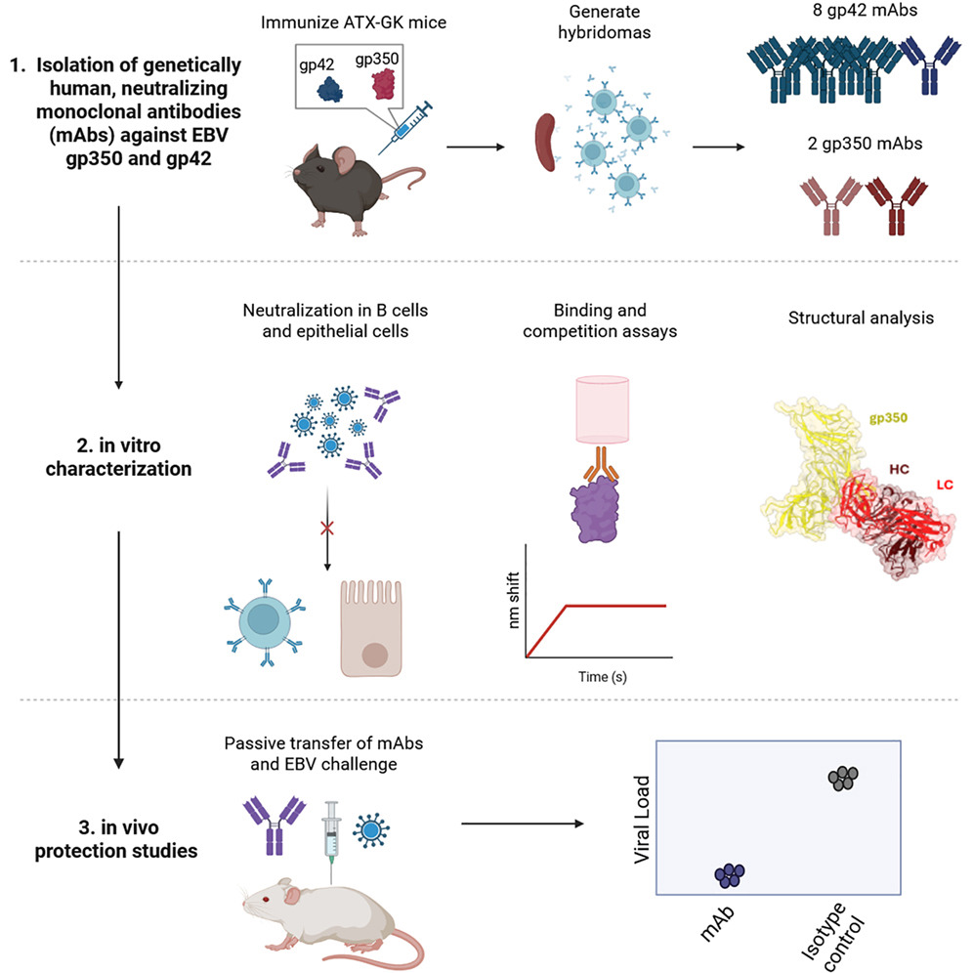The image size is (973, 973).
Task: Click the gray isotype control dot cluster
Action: point(842,778)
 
